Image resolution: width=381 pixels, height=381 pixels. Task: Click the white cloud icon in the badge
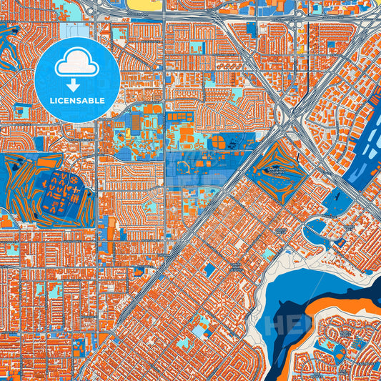[x=76, y=64]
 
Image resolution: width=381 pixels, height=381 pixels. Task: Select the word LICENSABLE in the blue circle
[x=76, y=100]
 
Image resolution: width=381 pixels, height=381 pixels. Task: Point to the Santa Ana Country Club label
[x=276, y=169]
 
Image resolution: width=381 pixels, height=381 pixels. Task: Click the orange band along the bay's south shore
[x=336, y=300]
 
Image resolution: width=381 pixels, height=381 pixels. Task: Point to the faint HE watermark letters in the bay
[x=282, y=325]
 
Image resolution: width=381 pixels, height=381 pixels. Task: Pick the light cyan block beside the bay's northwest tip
[x=267, y=254]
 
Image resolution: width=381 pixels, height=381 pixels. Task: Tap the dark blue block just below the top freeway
[x=251, y=29]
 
